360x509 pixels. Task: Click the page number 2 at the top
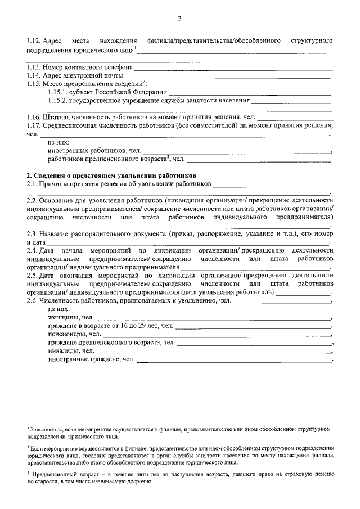180,19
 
